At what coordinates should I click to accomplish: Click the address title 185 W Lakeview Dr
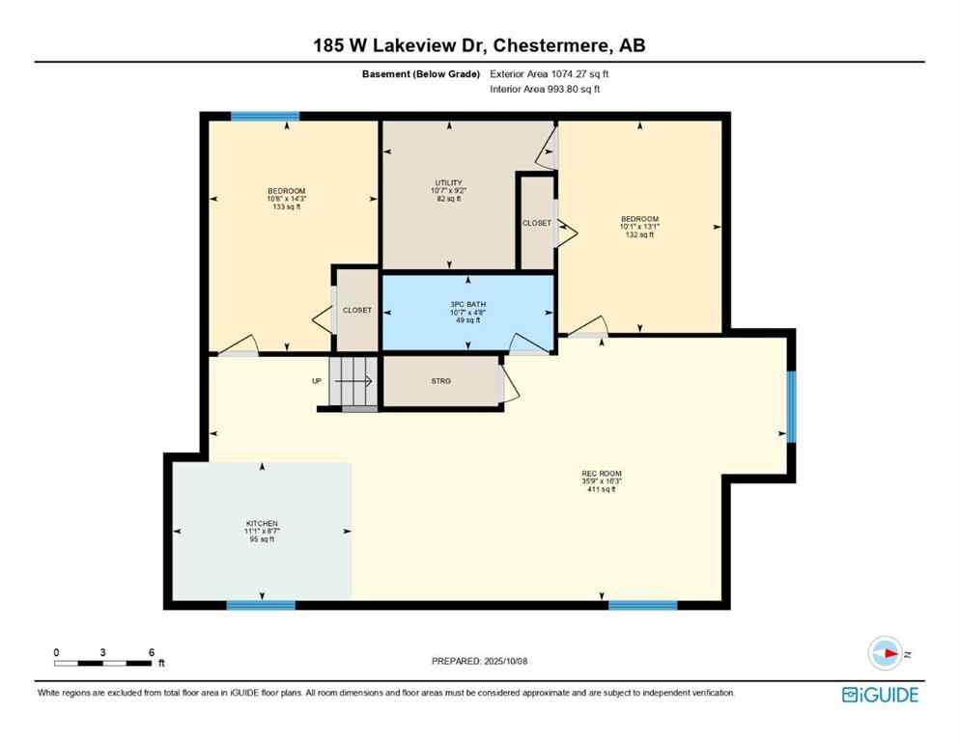click(479, 44)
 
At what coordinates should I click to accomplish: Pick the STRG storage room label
click(440, 381)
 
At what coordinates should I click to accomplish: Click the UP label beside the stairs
click(317, 381)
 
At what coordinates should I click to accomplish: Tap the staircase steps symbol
click(353, 381)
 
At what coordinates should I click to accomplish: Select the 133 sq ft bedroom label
click(287, 198)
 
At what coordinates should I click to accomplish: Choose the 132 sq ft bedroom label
click(639, 227)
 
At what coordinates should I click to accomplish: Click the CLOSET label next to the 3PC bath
click(357, 310)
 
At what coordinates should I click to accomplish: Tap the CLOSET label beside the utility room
click(536, 223)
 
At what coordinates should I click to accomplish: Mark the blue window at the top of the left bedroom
click(265, 116)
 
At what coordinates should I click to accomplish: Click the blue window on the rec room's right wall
click(791, 406)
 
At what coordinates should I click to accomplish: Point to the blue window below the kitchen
click(260, 605)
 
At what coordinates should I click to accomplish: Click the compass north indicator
click(885, 653)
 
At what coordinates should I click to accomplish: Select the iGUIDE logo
click(880, 695)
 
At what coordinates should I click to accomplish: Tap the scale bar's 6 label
click(152, 652)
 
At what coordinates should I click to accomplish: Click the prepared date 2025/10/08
click(480, 661)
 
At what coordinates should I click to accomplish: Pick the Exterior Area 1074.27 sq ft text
click(550, 73)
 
